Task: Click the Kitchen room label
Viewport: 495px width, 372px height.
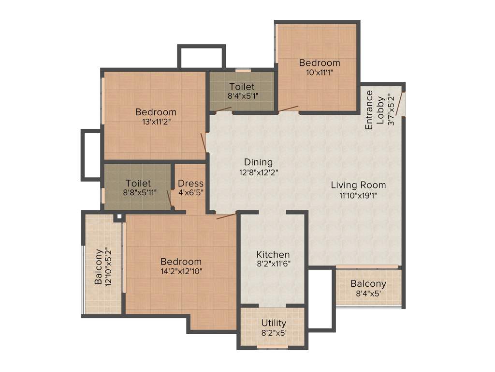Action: click(x=273, y=254)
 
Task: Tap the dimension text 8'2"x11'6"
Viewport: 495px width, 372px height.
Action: click(x=273, y=264)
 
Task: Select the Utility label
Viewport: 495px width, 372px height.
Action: click(x=274, y=323)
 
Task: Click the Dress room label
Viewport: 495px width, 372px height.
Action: click(x=190, y=184)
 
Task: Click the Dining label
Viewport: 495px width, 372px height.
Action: click(x=258, y=162)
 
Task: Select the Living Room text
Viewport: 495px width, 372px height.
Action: click(x=358, y=185)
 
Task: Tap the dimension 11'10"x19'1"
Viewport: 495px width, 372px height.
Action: click(x=358, y=195)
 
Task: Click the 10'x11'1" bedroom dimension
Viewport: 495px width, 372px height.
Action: click(x=319, y=73)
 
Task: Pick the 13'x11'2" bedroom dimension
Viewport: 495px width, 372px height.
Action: click(x=156, y=122)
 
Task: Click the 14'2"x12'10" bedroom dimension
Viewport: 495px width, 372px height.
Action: click(x=181, y=271)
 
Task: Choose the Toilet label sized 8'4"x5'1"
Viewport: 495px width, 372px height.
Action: click(x=242, y=87)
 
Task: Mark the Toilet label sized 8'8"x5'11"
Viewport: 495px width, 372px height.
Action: click(x=138, y=184)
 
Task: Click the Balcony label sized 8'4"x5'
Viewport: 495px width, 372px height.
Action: click(x=368, y=284)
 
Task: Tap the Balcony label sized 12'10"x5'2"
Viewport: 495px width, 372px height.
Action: click(x=99, y=266)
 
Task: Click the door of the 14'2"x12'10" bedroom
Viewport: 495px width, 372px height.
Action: click(x=226, y=216)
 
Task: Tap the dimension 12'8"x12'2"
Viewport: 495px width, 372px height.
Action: click(x=258, y=172)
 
